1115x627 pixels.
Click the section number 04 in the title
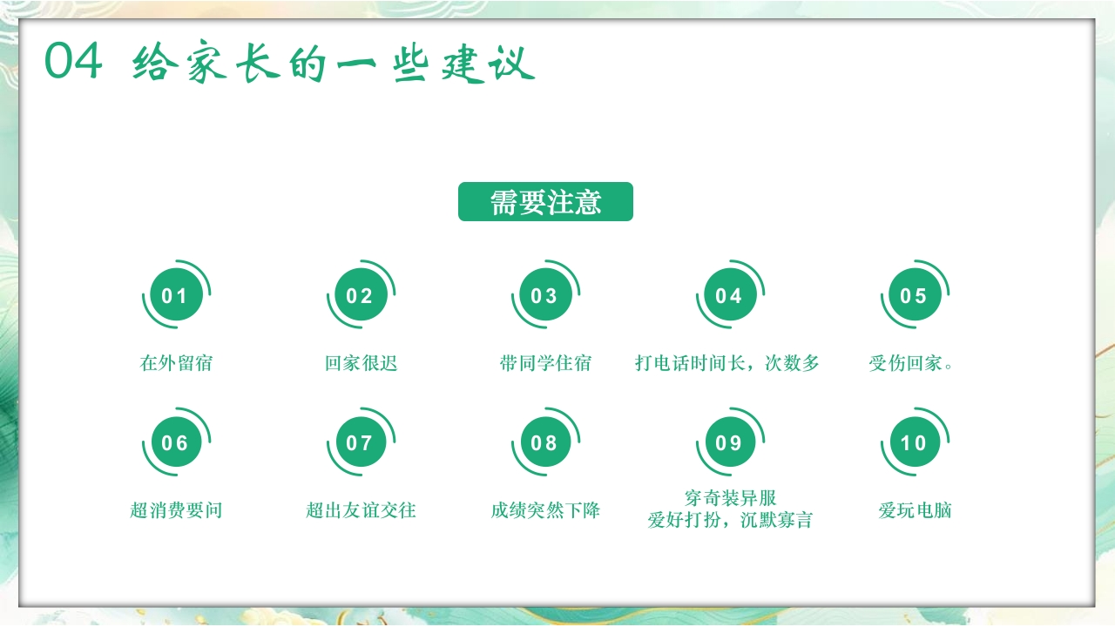pyautogui.click(x=74, y=63)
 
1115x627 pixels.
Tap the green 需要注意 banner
pyautogui.click(x=545, y=202)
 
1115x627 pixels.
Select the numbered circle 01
pyautogui.click(x=175, y=296)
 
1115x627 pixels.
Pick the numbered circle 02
pyautogui.click(x=360, y=296)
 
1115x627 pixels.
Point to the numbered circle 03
pyautogui.click(x=544, y=296)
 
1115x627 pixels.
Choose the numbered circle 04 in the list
pyautogui.click(x=729, y=296)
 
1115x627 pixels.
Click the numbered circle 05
pyautogui.click(x=914, y=296)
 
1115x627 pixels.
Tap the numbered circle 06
pyautogui.click(x=175, y=443)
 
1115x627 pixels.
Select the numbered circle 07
pyautogui.click(x=360, y=443)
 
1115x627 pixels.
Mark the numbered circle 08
pyautogui.click(x=544, y=443)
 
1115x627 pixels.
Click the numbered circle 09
pyautogui.click(x=729, y=443)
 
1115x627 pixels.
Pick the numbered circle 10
pyautogui.click(x=914, y=443)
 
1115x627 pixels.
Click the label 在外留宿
pyautogui.click(x=176, y=363)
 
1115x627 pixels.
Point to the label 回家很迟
pyautogui.click(x=361, y=363)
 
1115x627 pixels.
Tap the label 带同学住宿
pyautogui.click(x=545, y=363)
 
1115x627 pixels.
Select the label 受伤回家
pyautogui.click(x=910, y=363)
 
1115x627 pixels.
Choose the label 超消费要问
pyautogui.click(x=176, y=510)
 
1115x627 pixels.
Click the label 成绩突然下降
pyautogui.click(x=545, y=510)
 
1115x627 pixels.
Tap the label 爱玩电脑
pyautogui.click(x=915, y=510)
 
